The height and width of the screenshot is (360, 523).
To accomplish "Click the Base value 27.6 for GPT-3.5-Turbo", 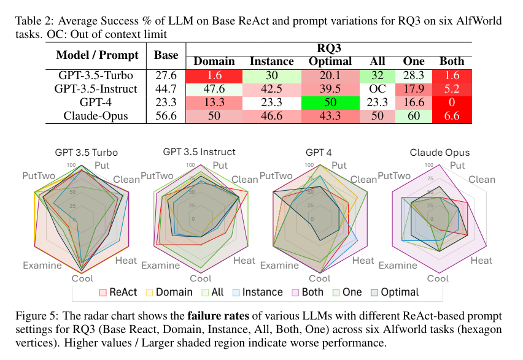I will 166,75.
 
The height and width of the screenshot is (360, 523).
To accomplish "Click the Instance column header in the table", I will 272,61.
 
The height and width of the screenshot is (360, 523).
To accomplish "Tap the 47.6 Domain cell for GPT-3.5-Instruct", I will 214,88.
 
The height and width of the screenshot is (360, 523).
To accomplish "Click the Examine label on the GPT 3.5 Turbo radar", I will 42,266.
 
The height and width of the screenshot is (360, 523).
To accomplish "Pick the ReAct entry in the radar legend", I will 120,293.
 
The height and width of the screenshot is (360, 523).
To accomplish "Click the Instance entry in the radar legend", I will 261,293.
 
